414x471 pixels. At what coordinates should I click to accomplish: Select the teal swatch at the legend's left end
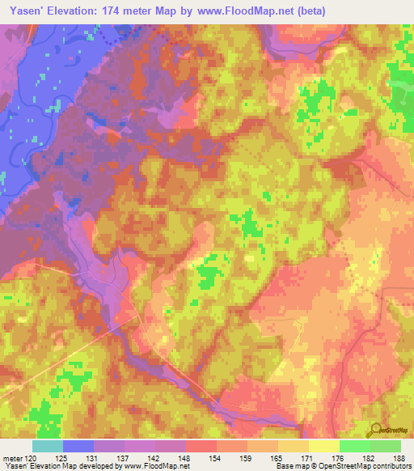pyautogui.click(x=48, y=446)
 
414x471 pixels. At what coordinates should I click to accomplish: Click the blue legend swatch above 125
pyautogui.click(x=78, y=446)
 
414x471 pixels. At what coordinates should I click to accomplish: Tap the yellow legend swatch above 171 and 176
pyautogui.click(x=323, y=446)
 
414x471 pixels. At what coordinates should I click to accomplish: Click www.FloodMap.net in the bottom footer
pyautogui.click(x=154, y=466)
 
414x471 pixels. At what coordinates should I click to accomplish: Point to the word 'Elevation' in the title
pyautogui.click(x=78, y=11)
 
